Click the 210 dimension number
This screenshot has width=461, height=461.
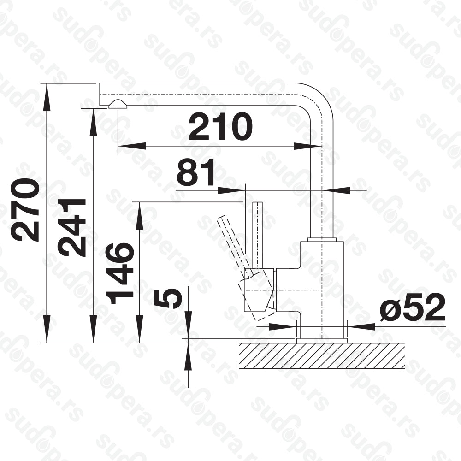click(x=220, y=127)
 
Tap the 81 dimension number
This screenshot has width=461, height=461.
click(x=196, y=172)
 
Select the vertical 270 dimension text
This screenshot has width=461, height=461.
click(x=25, y=210)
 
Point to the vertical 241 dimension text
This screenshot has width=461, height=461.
click(x=72, y=228)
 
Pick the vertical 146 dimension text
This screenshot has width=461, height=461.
click(x=120, y=273)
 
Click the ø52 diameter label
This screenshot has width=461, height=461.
click(x=412, y=307)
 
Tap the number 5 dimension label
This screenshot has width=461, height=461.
click(x=168, y=298)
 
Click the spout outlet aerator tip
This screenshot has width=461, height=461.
click(x=118, y=104)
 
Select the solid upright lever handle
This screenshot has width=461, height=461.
click(x=258, y=235)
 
